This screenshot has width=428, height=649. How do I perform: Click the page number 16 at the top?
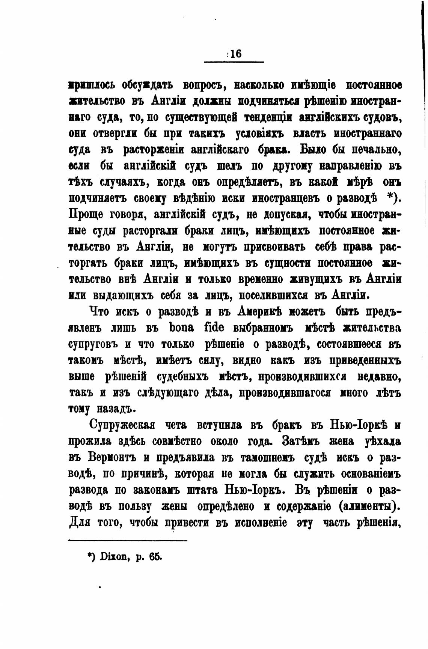point(236,54)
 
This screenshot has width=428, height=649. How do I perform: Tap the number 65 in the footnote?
point(154,557)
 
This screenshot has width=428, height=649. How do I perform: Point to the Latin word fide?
point(214,328)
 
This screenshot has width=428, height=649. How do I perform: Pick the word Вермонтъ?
point(109,458)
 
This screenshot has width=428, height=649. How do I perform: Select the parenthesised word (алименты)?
point(369,506)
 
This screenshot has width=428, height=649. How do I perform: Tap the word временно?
point(260,279)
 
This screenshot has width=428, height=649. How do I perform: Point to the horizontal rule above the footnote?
point(128,541)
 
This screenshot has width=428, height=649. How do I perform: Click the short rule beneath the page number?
point(234,62)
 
